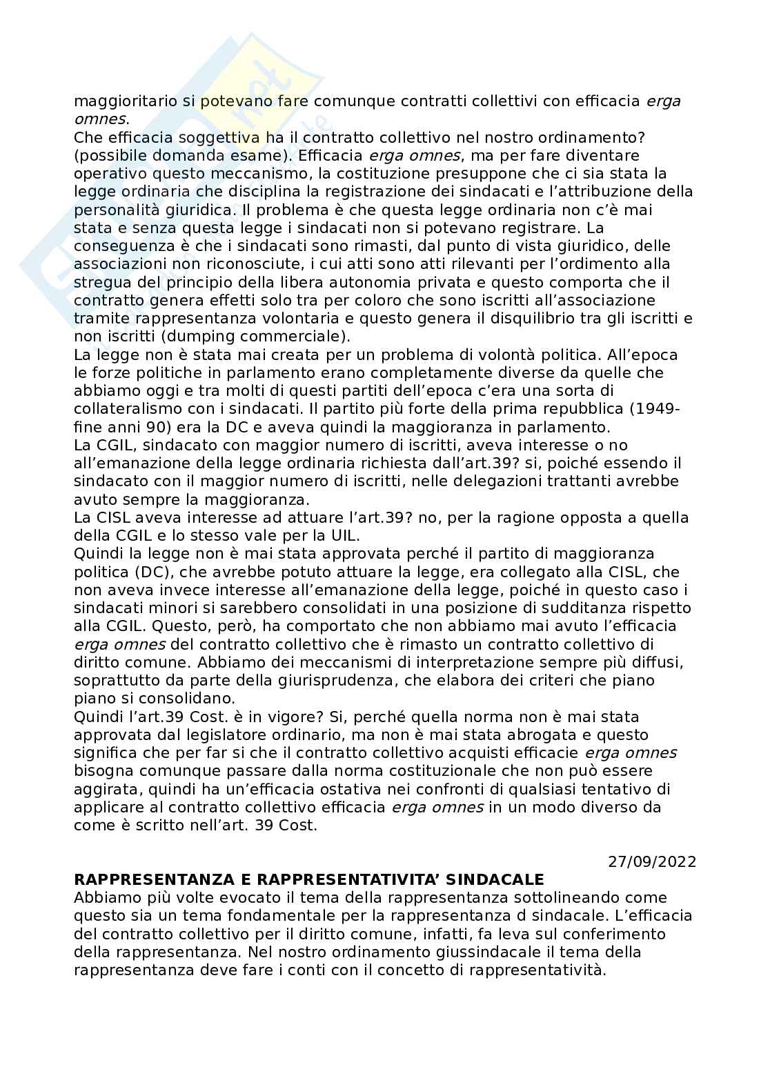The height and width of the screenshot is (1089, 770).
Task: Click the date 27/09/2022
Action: pos(652,861)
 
